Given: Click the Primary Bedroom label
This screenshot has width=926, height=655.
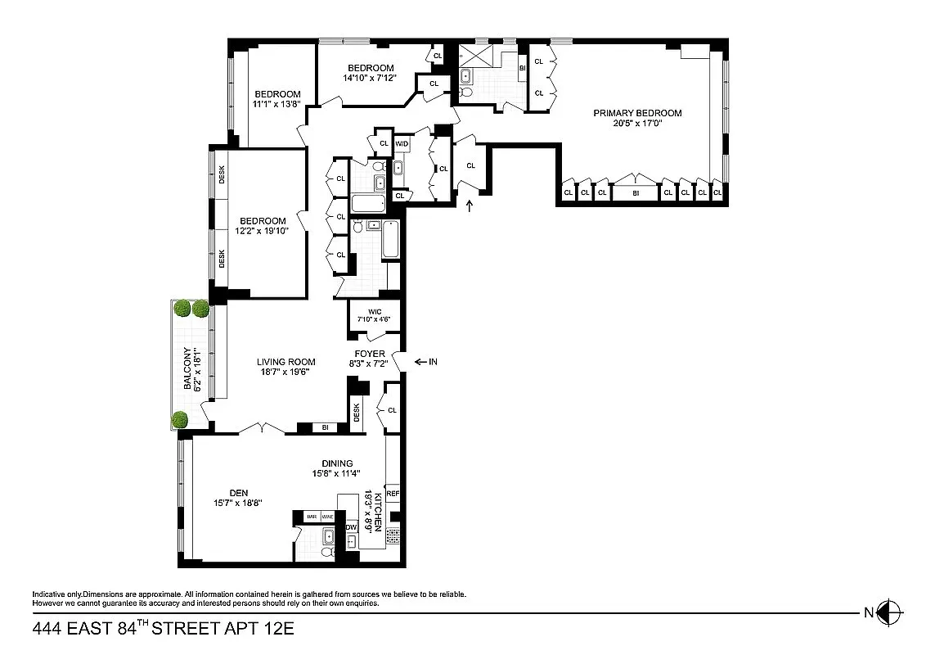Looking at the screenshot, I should tap(637, 113).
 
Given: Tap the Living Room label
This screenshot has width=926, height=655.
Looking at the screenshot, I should tap(285, 361).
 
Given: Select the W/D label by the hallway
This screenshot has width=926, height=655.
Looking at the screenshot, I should tap(402, 144).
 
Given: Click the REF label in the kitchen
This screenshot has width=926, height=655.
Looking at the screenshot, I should tap(392, 494).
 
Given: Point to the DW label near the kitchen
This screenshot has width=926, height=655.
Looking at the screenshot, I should tap(351, 527).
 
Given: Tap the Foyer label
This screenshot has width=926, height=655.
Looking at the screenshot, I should tap(370, 354).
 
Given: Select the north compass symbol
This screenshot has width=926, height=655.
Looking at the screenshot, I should tap(888, 611).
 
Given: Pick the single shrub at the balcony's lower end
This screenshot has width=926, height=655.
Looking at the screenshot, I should tap(179, 421).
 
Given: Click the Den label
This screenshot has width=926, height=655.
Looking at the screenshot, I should tap(238, 492).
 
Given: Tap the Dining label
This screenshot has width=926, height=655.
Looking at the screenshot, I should tap(336, 463).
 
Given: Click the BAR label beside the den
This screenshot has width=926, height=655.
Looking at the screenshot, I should tap(311, 517).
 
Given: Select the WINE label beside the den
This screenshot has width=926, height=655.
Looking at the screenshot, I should tap(327, 517).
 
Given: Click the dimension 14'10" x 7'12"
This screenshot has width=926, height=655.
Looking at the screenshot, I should tap(371, 79).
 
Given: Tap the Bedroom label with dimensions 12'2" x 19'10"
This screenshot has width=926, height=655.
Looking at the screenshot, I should tap(263, 221).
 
